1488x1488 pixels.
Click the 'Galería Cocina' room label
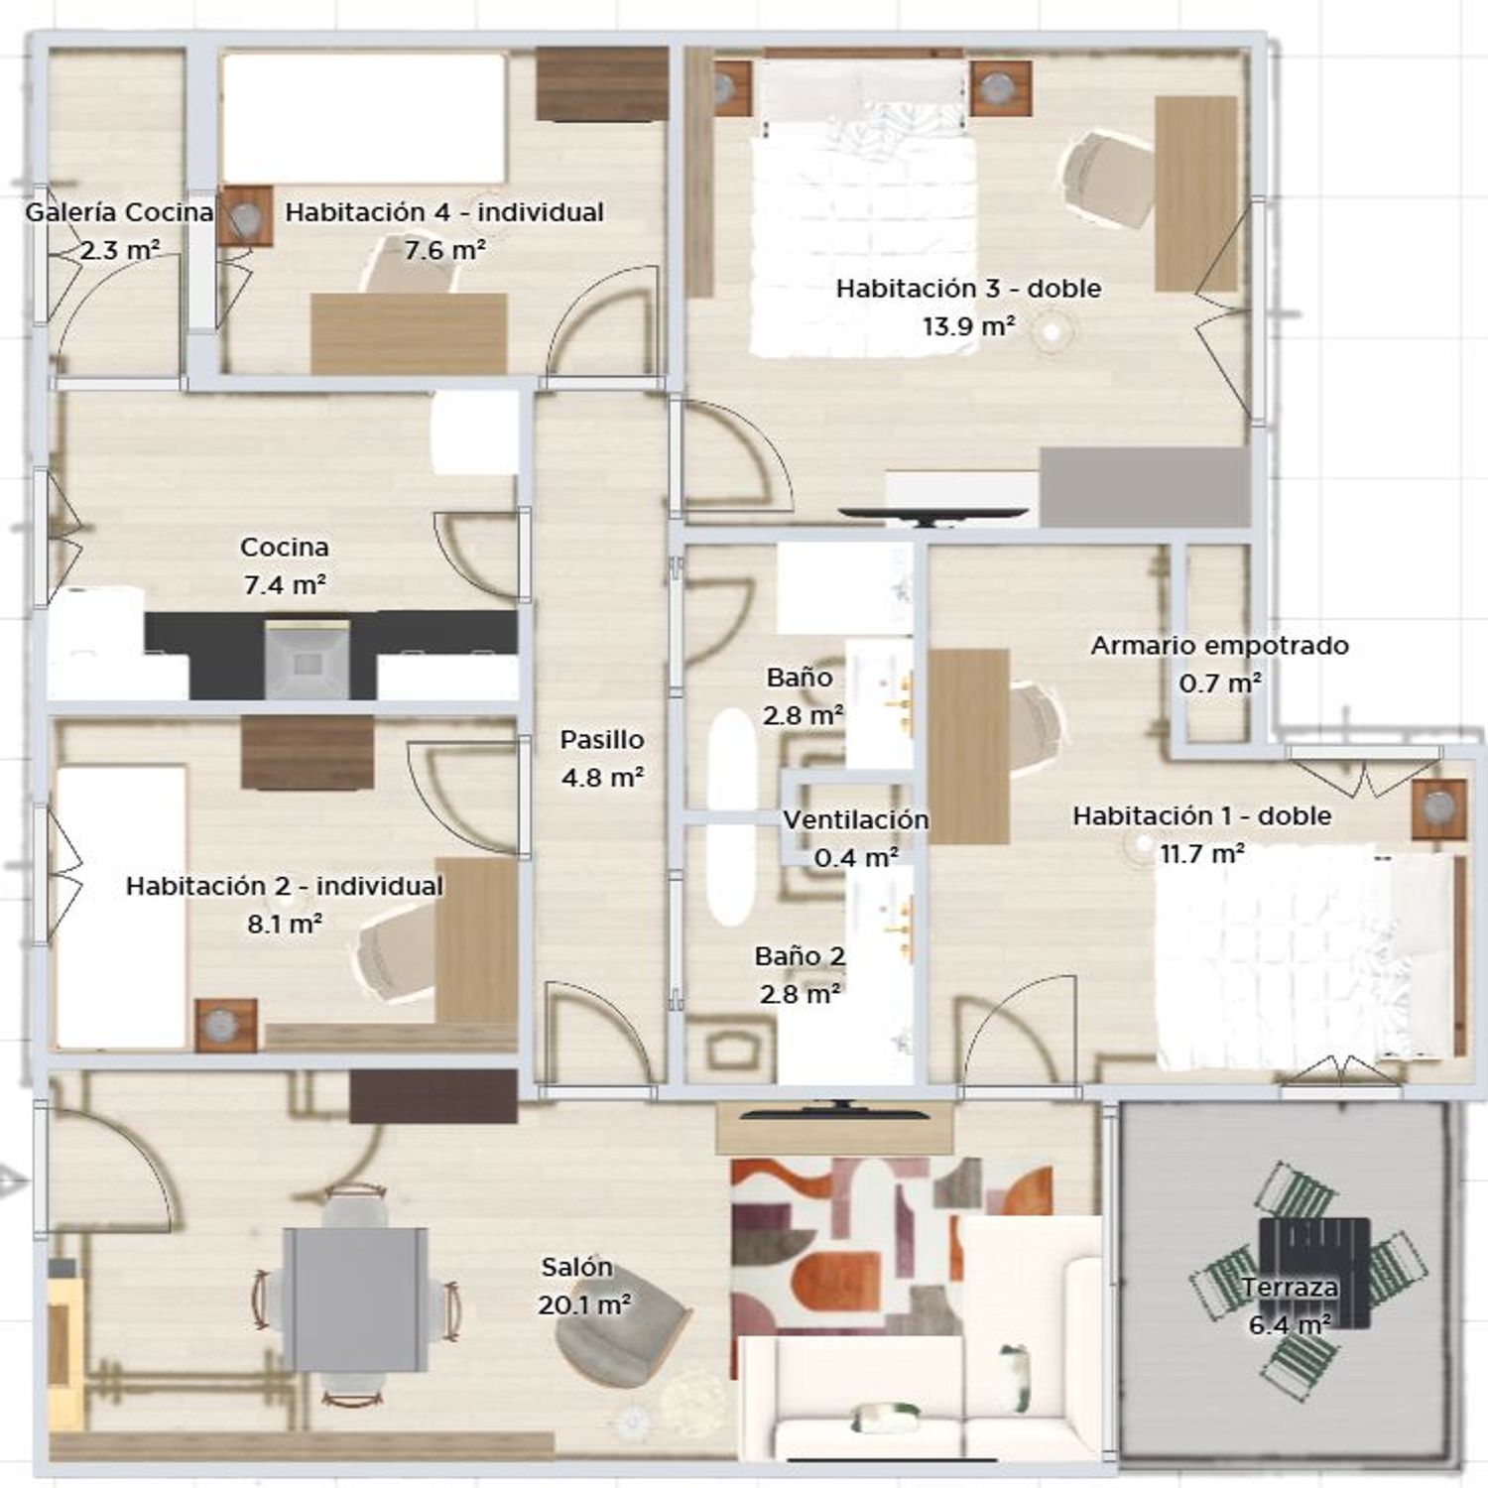pos(119,212)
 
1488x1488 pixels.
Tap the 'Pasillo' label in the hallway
pos(602,740)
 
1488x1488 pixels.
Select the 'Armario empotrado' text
pos(1220,646)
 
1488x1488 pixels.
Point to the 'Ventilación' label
pos(856,820)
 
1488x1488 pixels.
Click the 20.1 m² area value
pos(585,1305)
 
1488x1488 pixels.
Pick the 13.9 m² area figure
pos(969,326)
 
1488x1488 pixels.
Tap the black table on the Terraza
pos(1314,1273)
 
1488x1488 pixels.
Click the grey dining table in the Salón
pos(355,1300)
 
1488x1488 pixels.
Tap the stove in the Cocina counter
pos(308,661)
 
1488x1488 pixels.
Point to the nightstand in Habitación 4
pos(245,216)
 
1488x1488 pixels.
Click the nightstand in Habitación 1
pos(1439,809)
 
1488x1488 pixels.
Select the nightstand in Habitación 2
pos(226,1025)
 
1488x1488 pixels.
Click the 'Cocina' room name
pos(285,548)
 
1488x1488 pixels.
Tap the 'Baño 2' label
pos(800,957)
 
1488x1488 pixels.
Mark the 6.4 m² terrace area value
pos(1290,1325)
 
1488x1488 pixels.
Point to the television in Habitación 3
pos(933,514)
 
